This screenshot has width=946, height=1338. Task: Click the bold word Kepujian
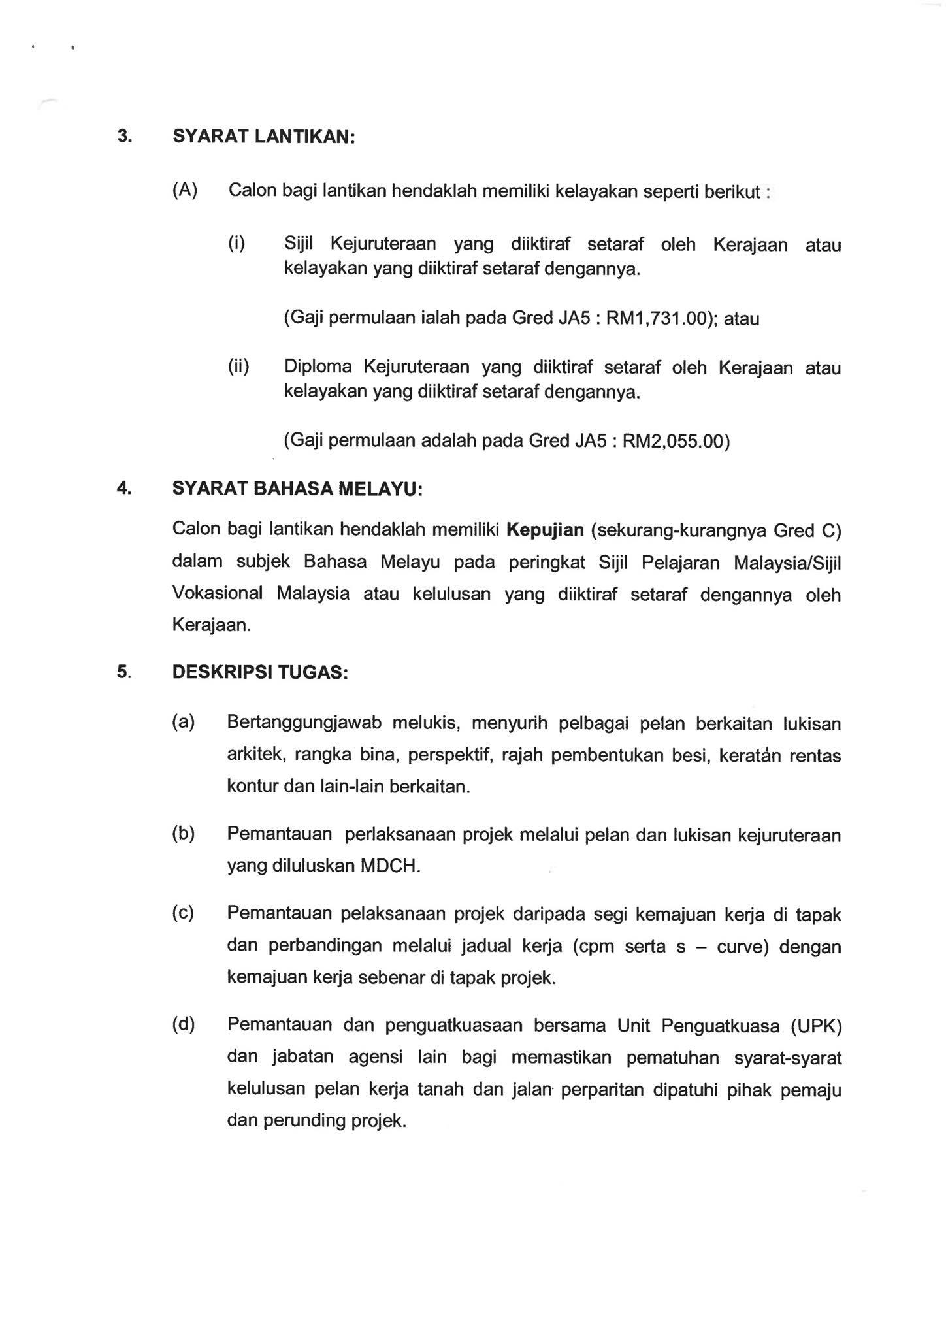545,529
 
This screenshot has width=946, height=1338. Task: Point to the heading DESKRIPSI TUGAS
260,672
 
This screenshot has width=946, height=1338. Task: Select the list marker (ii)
238,367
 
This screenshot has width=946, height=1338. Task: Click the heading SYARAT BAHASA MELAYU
297,489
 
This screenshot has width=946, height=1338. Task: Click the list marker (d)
184,1024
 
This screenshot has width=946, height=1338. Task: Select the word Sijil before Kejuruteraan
299,244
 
